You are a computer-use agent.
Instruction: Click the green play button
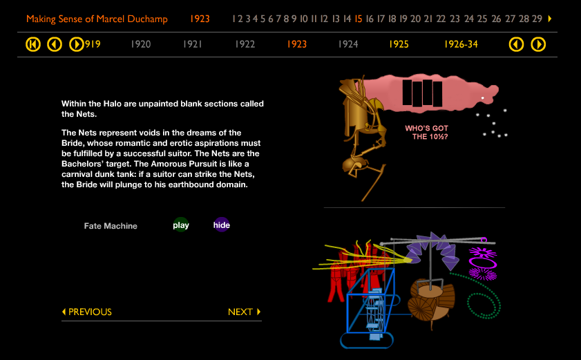[181, 225]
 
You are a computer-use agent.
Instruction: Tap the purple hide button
[222, 225]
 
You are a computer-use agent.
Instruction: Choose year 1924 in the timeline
[348, 44]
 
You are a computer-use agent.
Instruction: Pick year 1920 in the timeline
[140, 44]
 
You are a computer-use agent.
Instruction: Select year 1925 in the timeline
[399, 44]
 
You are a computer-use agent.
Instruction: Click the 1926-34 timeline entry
[461, 44]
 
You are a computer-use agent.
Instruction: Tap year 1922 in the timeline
[245, 44]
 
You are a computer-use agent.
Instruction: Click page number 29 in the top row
[537, 19]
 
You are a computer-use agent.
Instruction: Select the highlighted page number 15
[359, 19]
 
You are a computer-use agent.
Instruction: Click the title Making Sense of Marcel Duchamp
[97, 19]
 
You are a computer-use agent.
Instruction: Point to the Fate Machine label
[111, 226]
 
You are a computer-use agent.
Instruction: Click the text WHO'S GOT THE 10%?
[426, 132]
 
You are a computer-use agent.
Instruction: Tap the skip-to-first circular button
[33, 45]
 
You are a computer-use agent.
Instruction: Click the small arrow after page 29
[550, 19]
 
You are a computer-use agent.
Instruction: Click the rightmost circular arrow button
[538, 45]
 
